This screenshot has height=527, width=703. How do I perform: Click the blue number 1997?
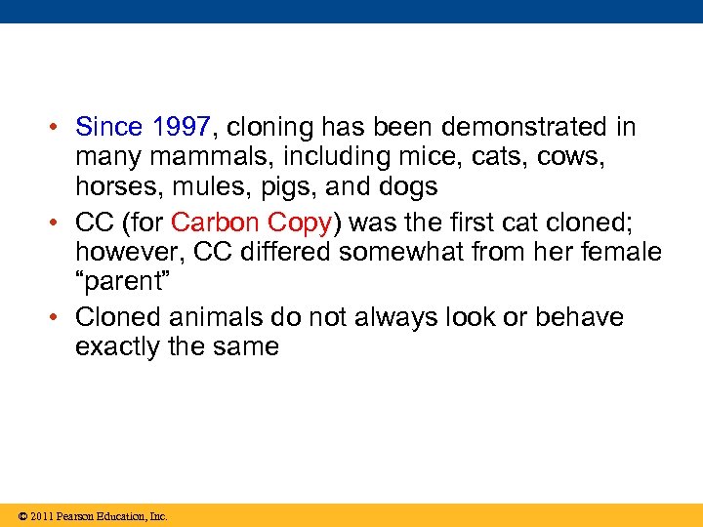[182, 127]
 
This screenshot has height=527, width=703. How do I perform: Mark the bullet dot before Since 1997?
[60, 128]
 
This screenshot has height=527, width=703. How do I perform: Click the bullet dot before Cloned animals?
[60, 318]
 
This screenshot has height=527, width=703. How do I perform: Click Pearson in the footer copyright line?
[77, 516]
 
